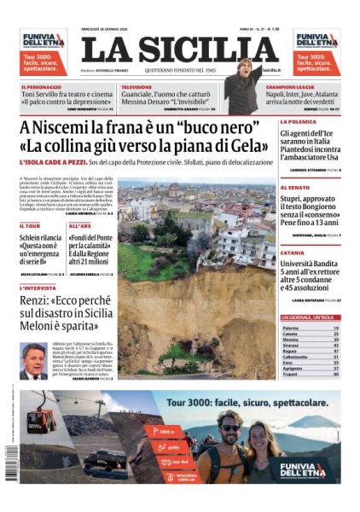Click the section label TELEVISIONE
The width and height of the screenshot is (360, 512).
[137, 87]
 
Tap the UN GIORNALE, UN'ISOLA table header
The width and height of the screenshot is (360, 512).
[310, 318]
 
